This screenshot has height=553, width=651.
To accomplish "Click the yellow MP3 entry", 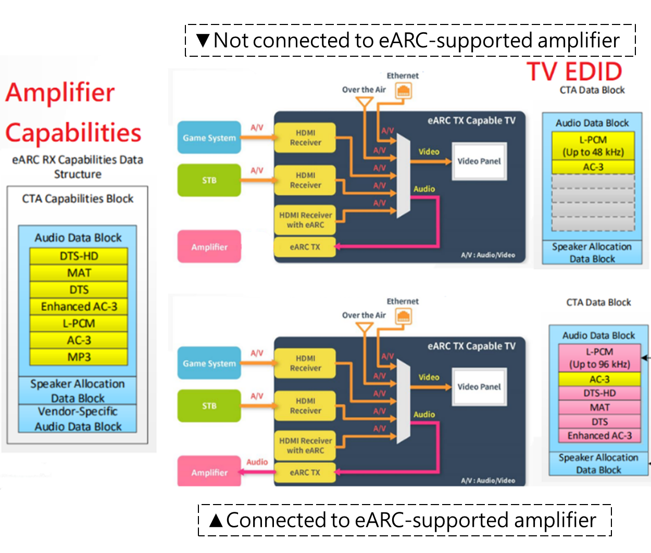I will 79,357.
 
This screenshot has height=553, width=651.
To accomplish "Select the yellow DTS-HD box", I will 79,256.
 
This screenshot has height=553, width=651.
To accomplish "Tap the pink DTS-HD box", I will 599,393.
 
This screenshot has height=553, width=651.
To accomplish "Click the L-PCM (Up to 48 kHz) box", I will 593,146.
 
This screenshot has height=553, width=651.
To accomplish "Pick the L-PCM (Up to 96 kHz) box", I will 599,358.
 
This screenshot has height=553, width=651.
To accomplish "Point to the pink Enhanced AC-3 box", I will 599,436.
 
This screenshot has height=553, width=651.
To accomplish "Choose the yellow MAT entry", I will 79,273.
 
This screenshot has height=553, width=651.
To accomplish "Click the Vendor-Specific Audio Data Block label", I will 78,419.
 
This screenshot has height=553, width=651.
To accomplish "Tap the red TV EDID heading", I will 574,72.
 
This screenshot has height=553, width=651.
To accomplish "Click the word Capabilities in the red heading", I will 73,133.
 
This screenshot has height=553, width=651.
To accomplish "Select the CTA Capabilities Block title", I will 78,198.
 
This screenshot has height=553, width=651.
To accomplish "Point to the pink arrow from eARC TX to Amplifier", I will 257,472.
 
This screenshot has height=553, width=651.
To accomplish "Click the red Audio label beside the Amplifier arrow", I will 257,462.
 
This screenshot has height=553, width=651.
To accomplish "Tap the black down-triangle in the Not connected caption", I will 203,40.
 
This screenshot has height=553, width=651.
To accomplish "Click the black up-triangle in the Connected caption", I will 216,520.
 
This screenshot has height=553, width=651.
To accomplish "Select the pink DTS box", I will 599,422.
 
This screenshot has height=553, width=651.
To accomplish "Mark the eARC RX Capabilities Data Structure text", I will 78,167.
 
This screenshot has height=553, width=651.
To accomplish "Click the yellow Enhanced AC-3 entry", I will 79,307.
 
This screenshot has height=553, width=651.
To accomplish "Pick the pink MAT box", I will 599,407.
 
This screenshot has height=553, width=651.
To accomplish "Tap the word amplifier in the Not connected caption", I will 578,40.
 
